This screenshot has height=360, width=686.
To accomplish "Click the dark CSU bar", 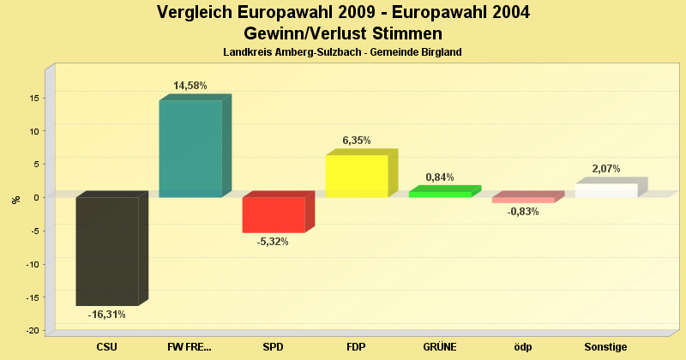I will point(107,251).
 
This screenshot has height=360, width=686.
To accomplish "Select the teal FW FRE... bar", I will point(190,148).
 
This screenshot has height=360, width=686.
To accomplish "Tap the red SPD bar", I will point(274,214).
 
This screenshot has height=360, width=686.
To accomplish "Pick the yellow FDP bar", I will point(357,176).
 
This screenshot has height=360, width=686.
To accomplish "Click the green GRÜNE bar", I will point(440,194).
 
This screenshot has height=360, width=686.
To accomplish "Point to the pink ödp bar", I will point(523,200).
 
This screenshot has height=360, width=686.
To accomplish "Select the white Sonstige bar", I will point(606,190).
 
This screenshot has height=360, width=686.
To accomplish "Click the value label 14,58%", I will point(190,86).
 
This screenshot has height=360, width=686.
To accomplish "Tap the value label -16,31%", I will point(107,315).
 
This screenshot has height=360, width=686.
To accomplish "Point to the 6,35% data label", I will point(357,141).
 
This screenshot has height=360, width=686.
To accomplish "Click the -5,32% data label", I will point(274,242).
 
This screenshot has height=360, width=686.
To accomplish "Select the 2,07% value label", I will point(606,169).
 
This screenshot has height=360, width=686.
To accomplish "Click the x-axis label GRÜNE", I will point(440,347).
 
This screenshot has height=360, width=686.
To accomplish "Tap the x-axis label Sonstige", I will point(606,347).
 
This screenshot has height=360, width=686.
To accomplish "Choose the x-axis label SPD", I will point(274,347).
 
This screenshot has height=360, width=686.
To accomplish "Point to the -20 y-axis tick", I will point(31,331).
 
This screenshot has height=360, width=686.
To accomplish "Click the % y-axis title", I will point(15,199).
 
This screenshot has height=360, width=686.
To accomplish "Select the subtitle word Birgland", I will point(441,52).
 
